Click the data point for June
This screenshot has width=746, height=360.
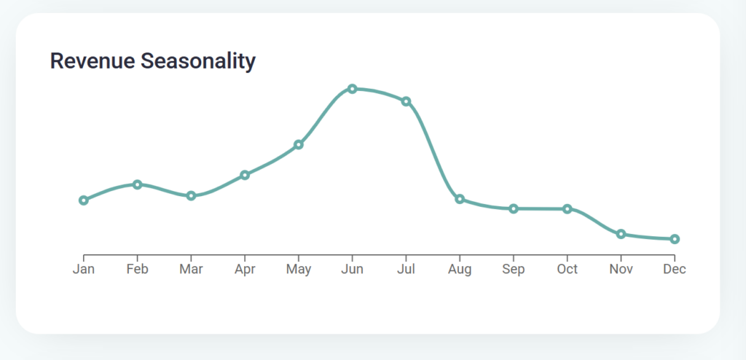coord(353,89)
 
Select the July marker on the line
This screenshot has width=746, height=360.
coord(406,101)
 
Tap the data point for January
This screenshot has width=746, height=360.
coord(84,200)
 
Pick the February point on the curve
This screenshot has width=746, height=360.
coord(137,184)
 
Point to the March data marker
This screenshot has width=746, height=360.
coord(191,196)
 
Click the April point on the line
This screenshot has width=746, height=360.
coord(245,175)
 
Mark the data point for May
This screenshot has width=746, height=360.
coord(299,145)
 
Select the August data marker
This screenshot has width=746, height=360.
coord(460,199)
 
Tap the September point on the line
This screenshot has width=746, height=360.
coord(514,209)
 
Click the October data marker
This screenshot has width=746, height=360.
coord(568,209)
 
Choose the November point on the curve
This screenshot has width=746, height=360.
coord(621,234)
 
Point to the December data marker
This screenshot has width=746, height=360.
coord(675,239)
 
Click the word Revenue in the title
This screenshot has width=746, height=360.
coord(92,61)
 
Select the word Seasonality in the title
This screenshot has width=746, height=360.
coord(197,61)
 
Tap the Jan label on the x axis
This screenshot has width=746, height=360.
coord(84,270)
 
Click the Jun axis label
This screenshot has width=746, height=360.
coord(353,270)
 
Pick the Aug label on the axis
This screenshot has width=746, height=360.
coord(460,270)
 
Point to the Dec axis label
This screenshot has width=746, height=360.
coord(675,270)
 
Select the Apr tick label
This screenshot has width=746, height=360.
coord(245,270)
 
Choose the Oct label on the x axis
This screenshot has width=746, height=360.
coord(568,270)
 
